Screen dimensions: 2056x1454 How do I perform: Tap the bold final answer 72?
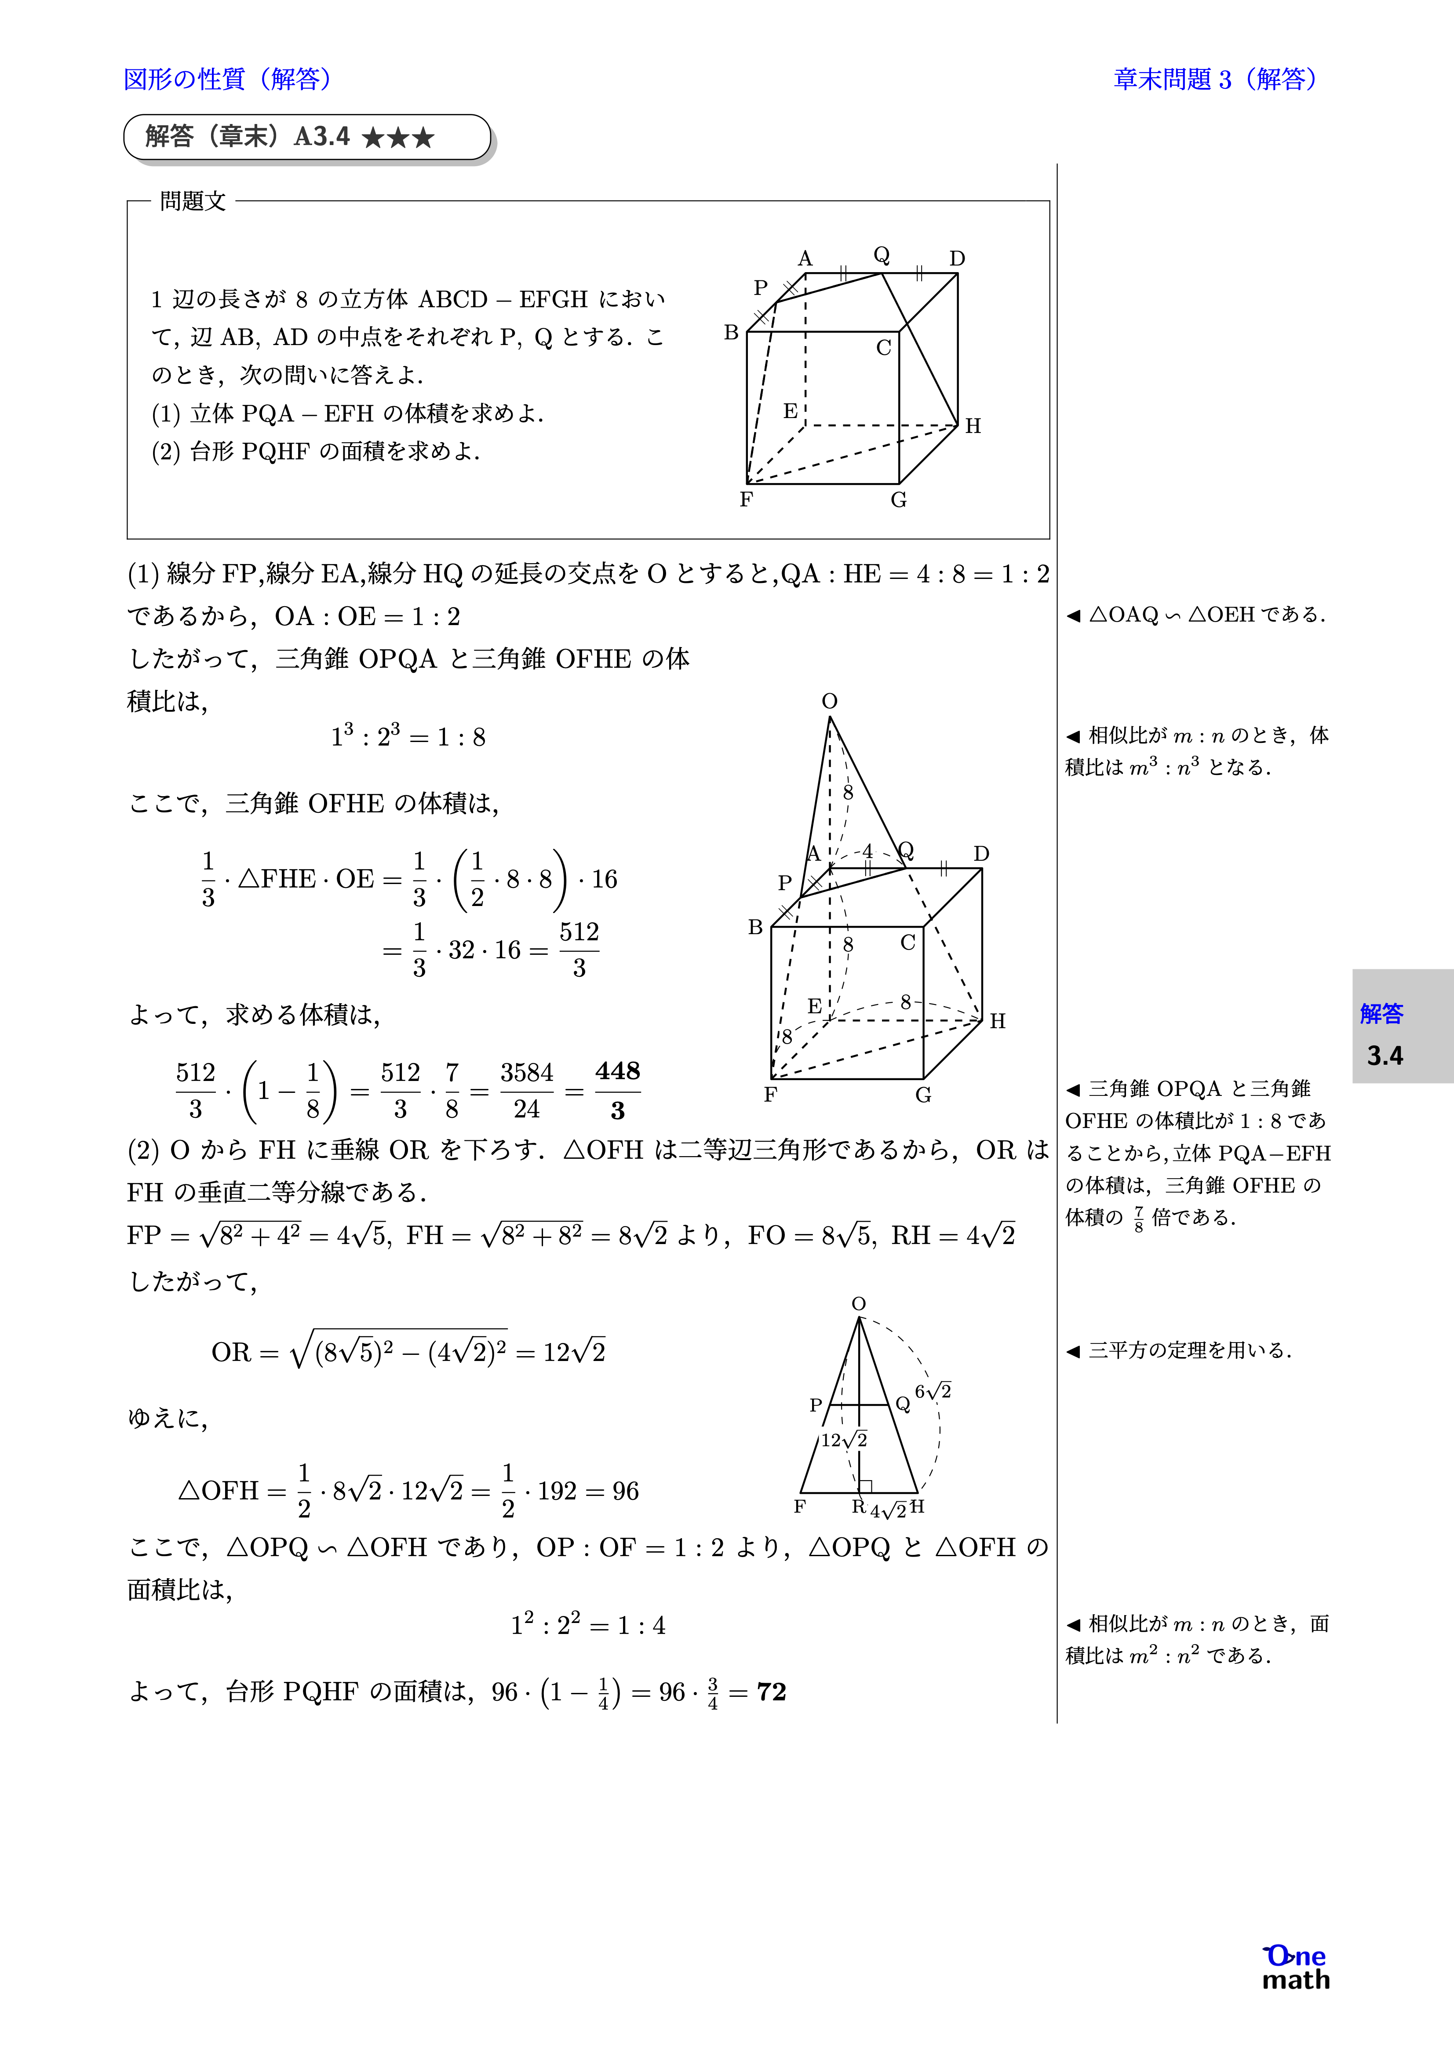click(x=771, y=1692)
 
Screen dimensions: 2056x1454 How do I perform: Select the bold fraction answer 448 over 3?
click(x=617, y=1091)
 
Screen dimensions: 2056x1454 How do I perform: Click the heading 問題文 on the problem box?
click(x=193, y=201)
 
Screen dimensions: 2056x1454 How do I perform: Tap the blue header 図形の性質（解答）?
click(x=229, y=79)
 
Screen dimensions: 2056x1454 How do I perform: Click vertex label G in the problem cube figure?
click(x=899, y=500)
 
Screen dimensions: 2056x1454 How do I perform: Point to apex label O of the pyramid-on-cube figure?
click(x=830, y=701)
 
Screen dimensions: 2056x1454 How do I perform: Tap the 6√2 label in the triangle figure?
click(x=933, y=1390)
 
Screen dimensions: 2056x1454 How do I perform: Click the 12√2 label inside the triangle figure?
click(x=844, y=1440)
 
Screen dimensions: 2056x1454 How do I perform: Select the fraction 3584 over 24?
click(x=527, y=1091)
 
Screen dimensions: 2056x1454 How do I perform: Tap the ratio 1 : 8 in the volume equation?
click(x=461, y=737)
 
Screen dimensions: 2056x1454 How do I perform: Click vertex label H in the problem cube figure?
click(x=973, y=426)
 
